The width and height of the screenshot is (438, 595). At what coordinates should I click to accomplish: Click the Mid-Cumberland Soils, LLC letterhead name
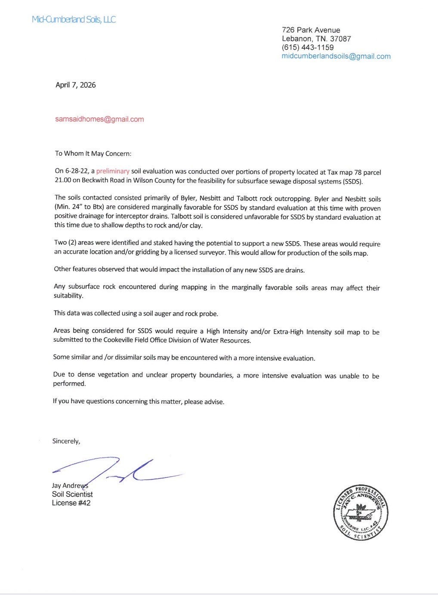tap(74, 19)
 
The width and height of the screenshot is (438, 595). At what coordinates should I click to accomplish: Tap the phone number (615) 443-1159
tap(308, 47)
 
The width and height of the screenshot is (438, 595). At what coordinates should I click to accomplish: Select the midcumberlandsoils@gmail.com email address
tap(336, 56)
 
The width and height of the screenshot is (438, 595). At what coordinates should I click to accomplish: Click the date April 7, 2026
tap(76, 85)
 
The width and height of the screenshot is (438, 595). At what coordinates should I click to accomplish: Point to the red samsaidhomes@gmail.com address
tap(99, 119)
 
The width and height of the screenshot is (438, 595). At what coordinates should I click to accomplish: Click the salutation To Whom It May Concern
tap(93, 153)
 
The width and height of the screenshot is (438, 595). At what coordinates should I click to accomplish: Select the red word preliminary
tap(113, 172)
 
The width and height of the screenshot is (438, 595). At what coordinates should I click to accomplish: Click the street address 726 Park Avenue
tap(311, 30)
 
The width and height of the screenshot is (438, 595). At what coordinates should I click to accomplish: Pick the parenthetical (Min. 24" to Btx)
tap(79, 208)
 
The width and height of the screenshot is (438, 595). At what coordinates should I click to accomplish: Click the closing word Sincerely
tap(66, 441)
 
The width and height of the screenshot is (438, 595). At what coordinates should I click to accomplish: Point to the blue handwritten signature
tap(116, 470)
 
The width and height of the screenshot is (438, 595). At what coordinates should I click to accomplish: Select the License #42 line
tap(71, 503)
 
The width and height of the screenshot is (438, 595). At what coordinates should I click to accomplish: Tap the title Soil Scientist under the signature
tap(72, 494)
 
